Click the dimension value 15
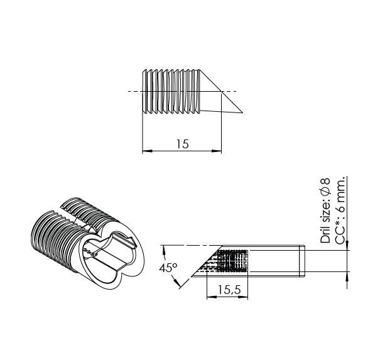click(x=182, y=144)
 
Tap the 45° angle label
click(x=168, y=268)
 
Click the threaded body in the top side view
click(x=171, y=92)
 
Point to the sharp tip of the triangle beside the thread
click(x=242, y=114)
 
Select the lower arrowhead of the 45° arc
click(x=181, y=287)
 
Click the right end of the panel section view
click(x=305, y=261)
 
